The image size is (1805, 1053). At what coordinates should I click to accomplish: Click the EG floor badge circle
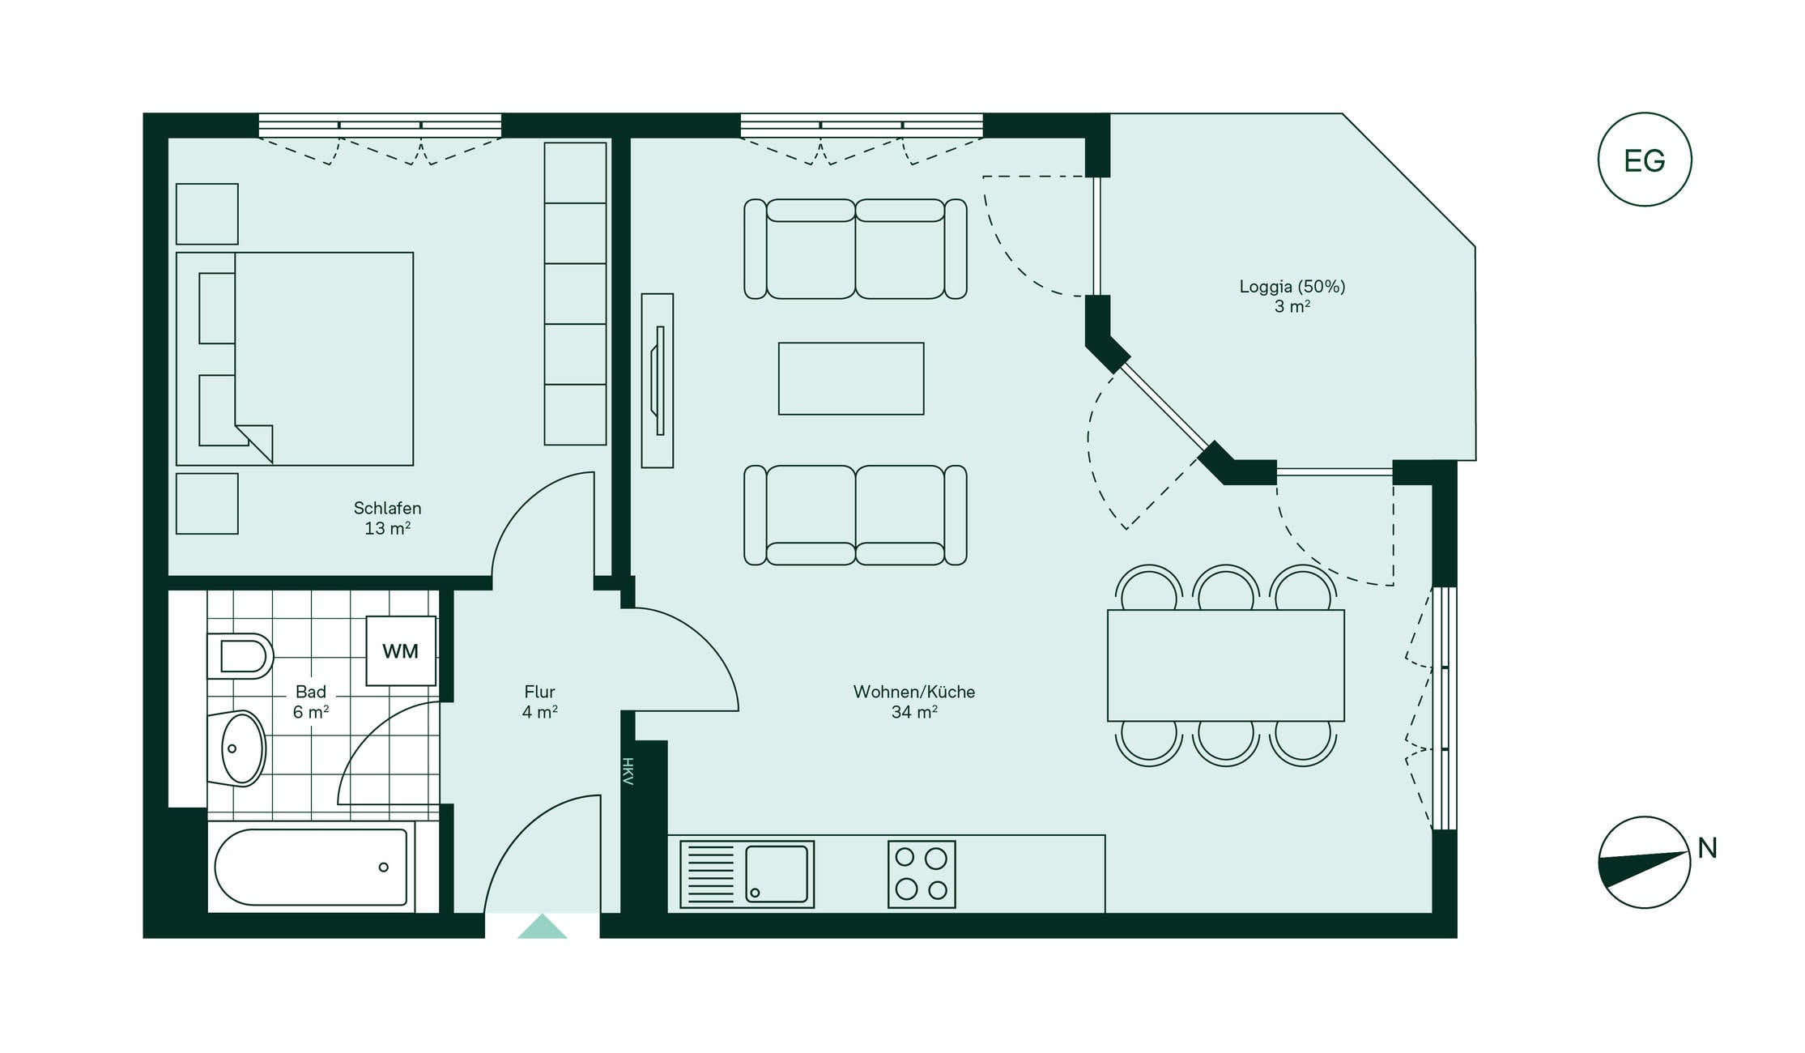[1644, 113]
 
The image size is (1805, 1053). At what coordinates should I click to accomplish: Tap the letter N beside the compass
[1707, 848]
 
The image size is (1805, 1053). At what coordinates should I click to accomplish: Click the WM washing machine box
[401, 651]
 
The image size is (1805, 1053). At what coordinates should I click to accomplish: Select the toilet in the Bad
[240, 655]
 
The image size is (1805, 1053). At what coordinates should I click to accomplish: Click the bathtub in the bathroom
[312, 867]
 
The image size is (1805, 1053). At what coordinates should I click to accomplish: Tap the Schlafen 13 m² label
[387, 518]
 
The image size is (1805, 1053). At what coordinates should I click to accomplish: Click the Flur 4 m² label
[539, 702]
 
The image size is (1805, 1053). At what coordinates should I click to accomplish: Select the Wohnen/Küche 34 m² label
[914, 702]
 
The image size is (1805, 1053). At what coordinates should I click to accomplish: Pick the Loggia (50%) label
[1292, 287]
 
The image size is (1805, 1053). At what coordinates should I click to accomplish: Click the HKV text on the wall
[628, 771]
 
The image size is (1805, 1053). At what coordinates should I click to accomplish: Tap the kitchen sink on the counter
[747, 874]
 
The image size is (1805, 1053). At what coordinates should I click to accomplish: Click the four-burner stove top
[922, 874]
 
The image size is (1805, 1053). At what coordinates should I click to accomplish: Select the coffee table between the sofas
[851, 378]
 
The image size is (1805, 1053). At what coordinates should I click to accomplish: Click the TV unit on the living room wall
[658, 381]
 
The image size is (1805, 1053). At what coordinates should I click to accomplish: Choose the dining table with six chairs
[1226, 665]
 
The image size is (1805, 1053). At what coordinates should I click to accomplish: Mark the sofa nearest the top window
[855, 249]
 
